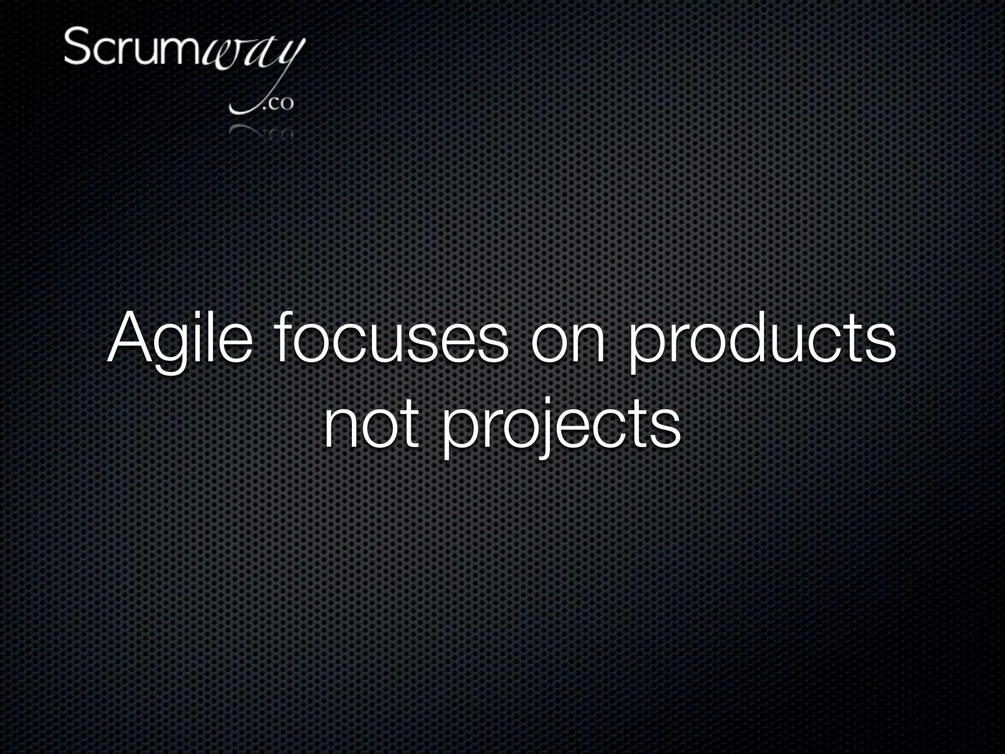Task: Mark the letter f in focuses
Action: [x=284, y=337]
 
